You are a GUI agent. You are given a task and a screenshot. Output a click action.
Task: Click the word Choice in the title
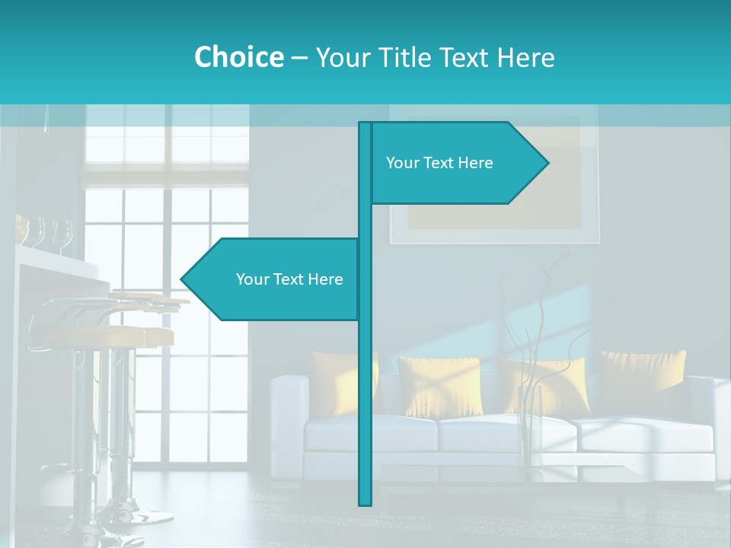pyautogui.click(x=238, y=57)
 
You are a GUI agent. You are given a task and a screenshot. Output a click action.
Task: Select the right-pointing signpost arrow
pyautogui.click(x=457, y=163)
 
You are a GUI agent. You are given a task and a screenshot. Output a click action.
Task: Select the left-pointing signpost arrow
pyautogui.click(x=274, y=279)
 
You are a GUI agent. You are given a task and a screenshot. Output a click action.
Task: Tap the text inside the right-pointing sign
pyautogui.click(x=439, y=163)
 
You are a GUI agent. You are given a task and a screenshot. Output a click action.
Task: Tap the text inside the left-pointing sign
pyautogui.click(x=289, y=279)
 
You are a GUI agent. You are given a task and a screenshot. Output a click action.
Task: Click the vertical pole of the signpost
pyautogui.click(x=365, y=381)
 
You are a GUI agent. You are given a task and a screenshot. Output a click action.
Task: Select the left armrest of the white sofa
pyautogui.click(x=288, y=411)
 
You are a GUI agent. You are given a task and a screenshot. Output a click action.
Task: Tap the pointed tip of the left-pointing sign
pyautogui.click(x=184, y=279)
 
